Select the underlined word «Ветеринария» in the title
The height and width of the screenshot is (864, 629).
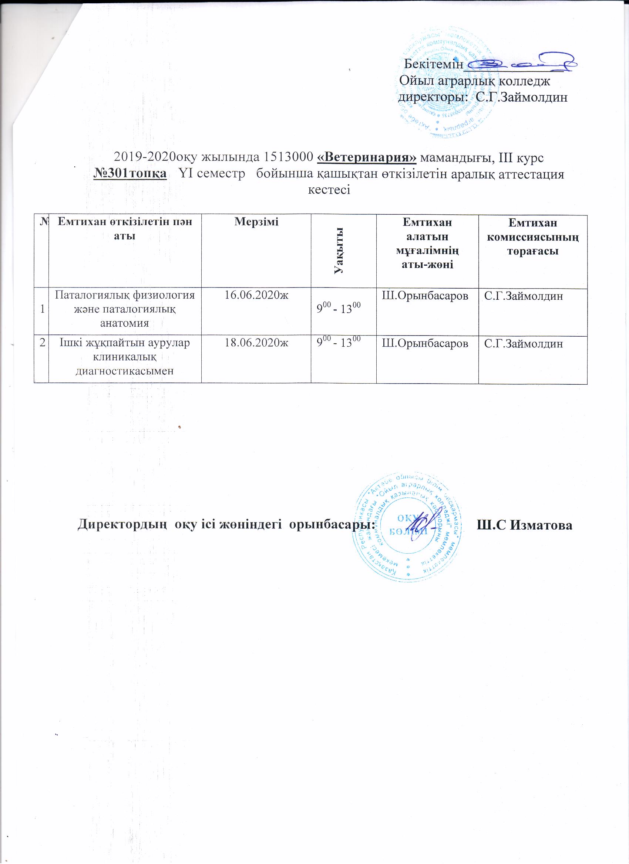[x=367, y=157]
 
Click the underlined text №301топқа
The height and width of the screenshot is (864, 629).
[x=130, y=173]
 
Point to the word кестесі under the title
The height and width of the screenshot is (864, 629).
[x=329, y=190]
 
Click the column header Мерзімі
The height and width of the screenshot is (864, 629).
[x=256, y=222]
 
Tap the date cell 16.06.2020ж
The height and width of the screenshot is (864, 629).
[x=256, y=296]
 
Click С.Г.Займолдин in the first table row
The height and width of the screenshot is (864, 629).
[x=523, y=296]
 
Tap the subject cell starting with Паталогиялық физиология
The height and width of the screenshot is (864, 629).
[x=125, y=309]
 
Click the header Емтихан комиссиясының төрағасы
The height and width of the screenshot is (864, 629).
[x=533, y=237]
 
